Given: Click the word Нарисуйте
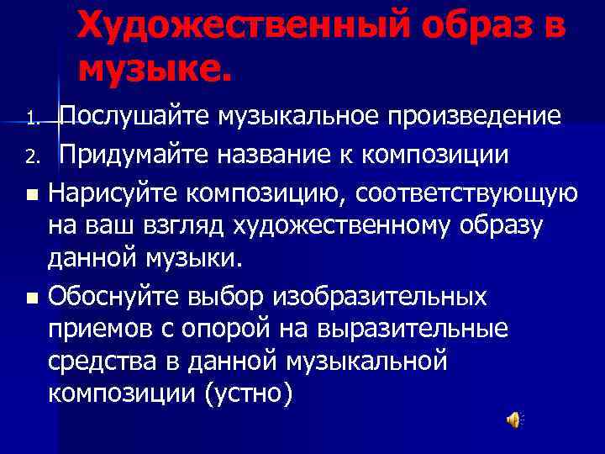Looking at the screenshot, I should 113,193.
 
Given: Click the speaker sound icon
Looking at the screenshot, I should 512,420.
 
